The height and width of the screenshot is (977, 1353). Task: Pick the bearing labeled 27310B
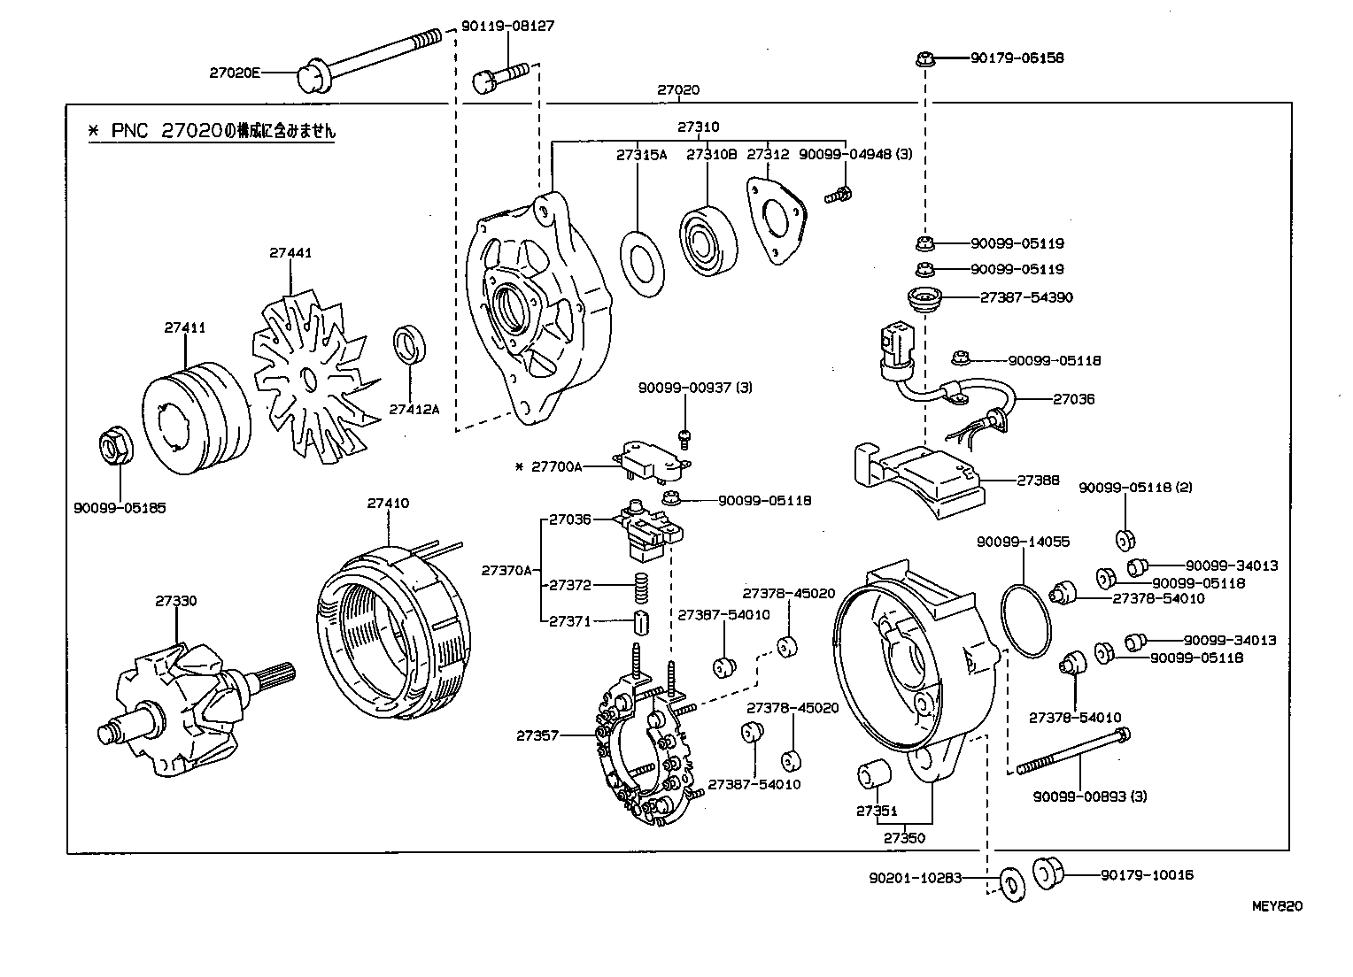(x=710, y=239)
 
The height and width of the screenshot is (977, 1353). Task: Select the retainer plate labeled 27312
(x=777, y=220)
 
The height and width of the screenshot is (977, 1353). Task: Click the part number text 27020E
(x=235, y=73)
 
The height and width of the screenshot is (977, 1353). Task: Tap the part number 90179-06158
(x=1017, y=58)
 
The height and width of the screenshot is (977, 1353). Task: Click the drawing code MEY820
(x=1277, y=906)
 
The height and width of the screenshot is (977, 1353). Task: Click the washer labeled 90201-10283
(x=1009, y=881)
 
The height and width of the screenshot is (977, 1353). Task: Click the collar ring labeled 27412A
(x=409, y=344)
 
